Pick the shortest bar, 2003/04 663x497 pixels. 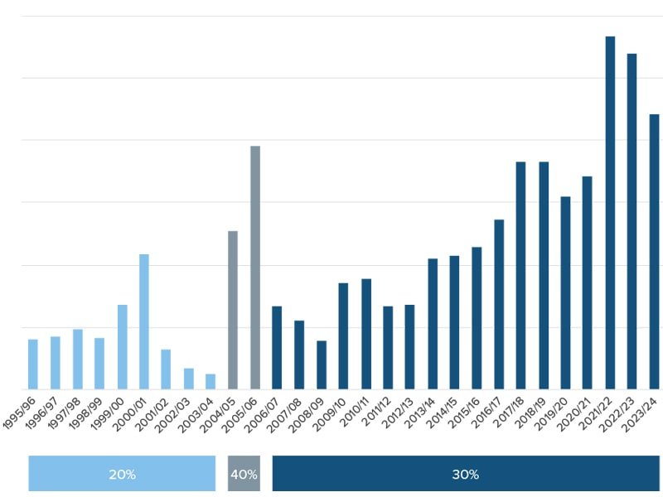tap(211, 382)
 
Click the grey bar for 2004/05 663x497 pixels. tap(233, 310)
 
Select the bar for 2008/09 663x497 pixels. tap(322, 365)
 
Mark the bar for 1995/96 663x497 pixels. tap(33, 364)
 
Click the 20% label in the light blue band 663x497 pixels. tap(122, 475)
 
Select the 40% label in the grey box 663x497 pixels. tap(244, 475)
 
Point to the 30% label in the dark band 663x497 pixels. tap(466, 475)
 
